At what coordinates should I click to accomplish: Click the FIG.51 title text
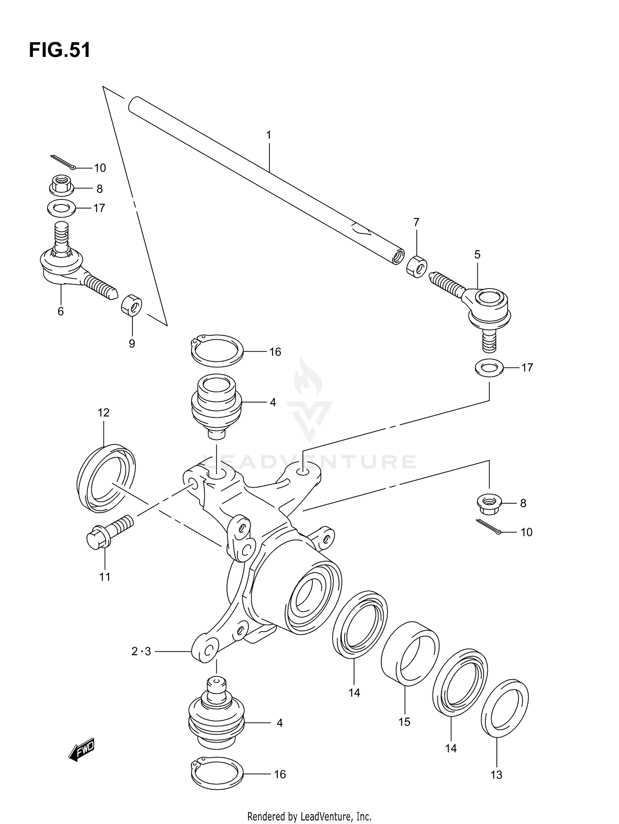point(59,50)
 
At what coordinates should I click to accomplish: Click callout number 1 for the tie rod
point(269,135)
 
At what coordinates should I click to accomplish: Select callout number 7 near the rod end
point(416,223)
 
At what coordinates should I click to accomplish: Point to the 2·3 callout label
point(141,651)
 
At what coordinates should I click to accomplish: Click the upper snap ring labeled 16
point(217,351)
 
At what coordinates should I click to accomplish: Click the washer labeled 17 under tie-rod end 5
point(489,367)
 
